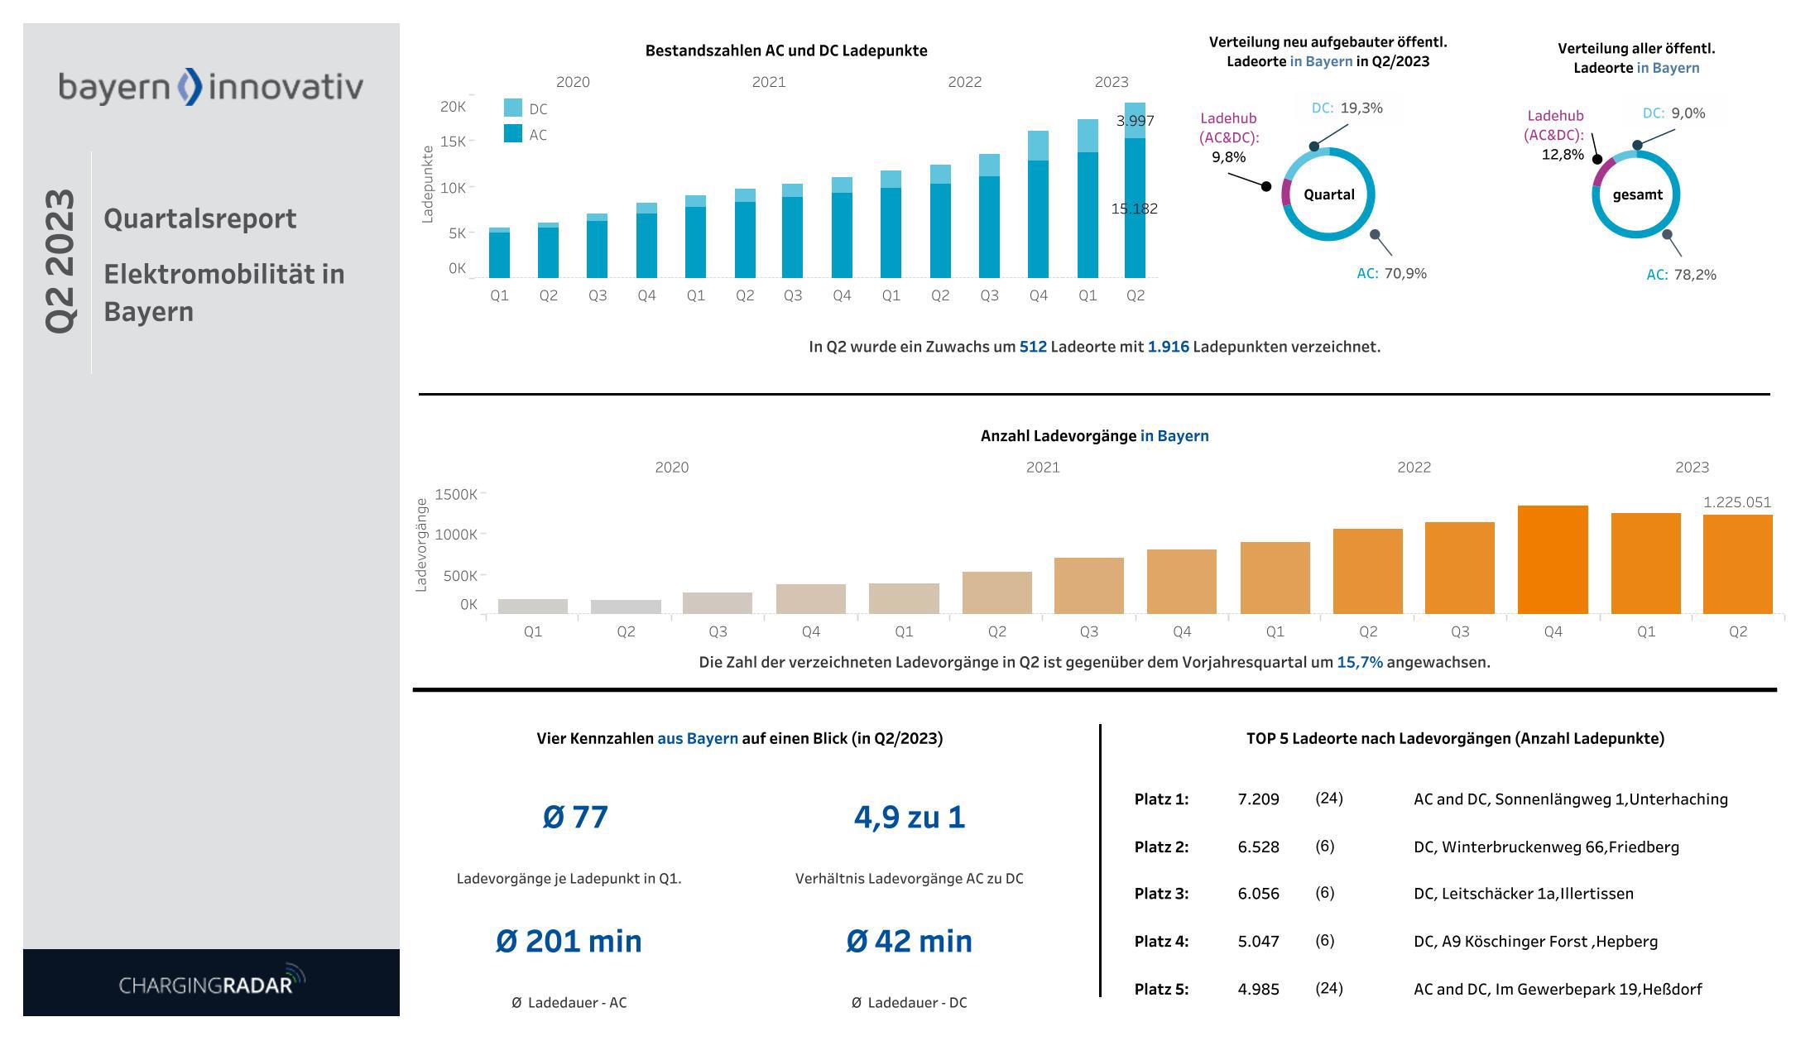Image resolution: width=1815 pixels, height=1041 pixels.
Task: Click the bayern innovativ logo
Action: (x=210, y=87)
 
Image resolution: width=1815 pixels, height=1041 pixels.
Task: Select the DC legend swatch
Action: (x=512, y=108)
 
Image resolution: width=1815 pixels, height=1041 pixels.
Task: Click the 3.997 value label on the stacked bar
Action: (x=1135, y=121)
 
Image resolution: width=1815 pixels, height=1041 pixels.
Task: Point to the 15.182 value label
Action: (x=1134, y=209)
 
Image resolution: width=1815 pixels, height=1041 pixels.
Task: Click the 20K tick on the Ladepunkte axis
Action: (x=453, y=107)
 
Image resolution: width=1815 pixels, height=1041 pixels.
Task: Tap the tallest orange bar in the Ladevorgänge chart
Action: (x=1552, y=559)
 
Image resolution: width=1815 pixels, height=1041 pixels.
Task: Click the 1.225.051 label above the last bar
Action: (x=1736, y=502)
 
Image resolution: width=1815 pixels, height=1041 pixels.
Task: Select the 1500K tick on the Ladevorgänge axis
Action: (x=456, y=495)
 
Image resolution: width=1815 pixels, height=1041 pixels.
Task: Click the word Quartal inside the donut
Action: (x=1328, y=194)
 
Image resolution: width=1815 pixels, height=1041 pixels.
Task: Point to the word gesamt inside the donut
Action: (x=1636, y=194)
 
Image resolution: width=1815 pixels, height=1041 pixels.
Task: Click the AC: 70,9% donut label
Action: (x=1391, y=274)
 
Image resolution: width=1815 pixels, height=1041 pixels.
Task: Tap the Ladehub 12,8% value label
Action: (x=1562, y=155)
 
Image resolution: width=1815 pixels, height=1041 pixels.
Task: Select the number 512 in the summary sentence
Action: (x=1032, y=347)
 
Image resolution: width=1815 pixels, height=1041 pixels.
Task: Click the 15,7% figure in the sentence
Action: (x=1359, y=662)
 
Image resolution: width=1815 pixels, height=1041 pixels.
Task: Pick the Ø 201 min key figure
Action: (x=569, y=941)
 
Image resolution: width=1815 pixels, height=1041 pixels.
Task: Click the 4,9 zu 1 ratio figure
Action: (x=909, y=817)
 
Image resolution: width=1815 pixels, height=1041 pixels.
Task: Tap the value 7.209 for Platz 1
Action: (x=1258, y=799)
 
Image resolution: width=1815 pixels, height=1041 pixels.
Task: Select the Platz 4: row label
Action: (x=1160, y=942)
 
